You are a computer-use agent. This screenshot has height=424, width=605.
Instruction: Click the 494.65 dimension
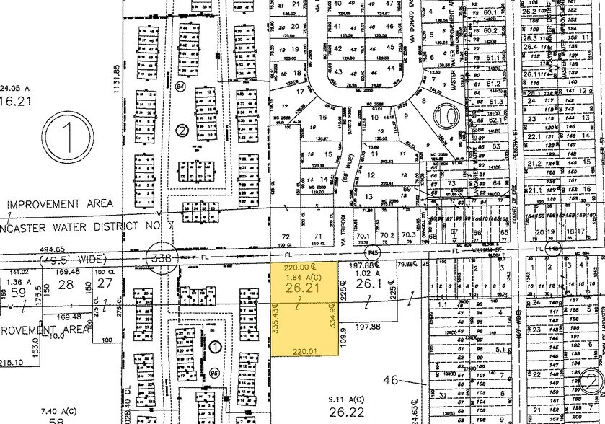pyautogui.click(x=22, y=249)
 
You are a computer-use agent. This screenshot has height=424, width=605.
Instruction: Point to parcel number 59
pyautogui.click(x=19, y=293)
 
